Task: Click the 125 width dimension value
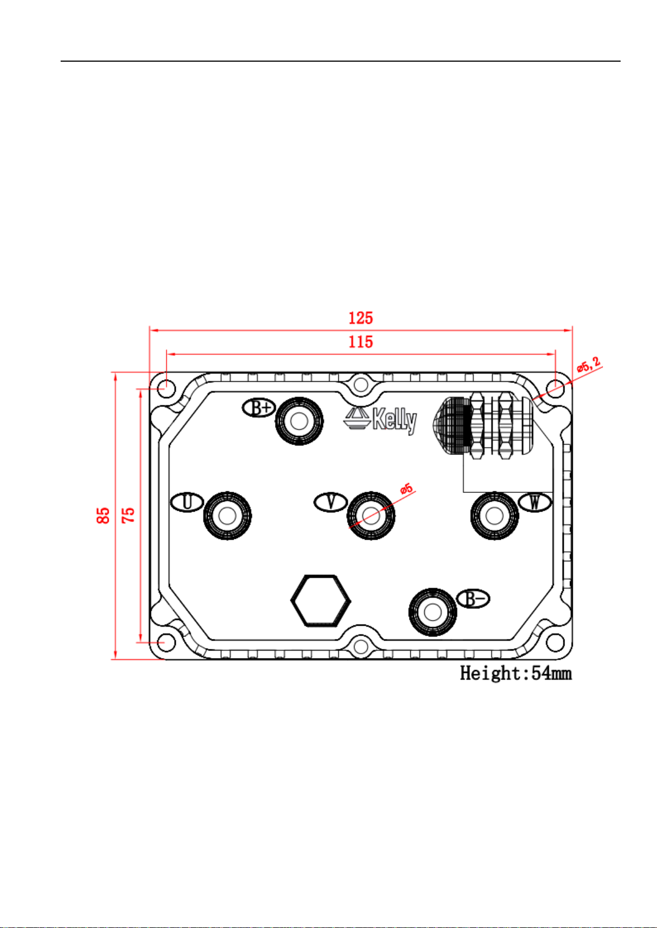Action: [360, 318]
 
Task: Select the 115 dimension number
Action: [360, 342]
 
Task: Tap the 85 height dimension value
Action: [104, 515]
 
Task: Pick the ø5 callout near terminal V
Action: [407, 489]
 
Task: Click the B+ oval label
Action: [259, 408]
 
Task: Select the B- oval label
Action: [473, 599]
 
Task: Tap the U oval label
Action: [187, 502]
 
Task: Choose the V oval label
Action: [330, 502]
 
